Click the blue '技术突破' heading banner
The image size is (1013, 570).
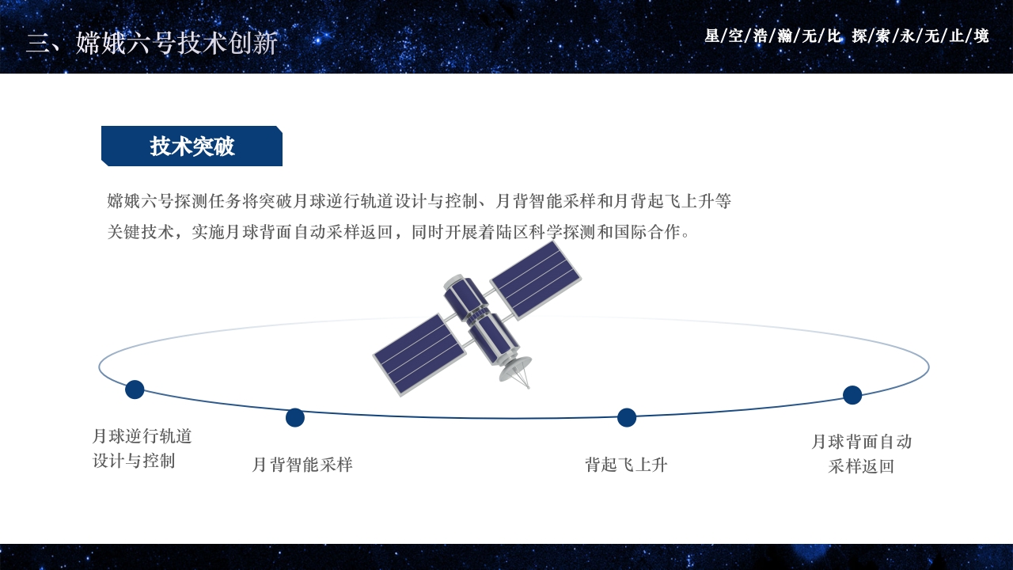coord(192,146)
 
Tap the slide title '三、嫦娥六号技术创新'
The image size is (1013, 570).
coord(151,43)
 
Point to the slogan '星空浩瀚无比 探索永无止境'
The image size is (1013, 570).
coord(846,36)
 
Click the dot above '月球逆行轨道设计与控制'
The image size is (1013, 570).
coord(135,389)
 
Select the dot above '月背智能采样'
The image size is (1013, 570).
coord(295,417)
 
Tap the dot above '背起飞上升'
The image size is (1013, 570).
coord(627,417)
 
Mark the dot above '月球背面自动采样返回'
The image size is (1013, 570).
coord(852,395)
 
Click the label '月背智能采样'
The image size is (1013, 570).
coord(302,465)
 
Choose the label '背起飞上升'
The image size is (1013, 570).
coord(626,465)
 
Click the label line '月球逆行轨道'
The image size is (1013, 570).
coord(142,436)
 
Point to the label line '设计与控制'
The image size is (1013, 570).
coord(134,461)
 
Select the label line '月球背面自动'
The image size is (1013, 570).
coord(861,442)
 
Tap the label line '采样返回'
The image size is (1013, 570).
coord(861,466)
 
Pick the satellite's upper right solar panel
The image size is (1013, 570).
coord(536,279)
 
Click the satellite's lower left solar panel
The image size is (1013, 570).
coord(419,354)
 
